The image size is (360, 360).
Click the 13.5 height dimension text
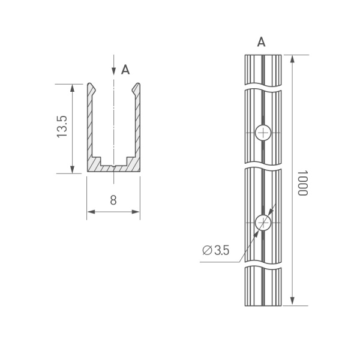click(62, 127)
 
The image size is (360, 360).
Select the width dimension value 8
click(113, 200)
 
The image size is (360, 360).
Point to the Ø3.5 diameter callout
click(216, 250)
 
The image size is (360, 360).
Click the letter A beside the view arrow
click(125, 70)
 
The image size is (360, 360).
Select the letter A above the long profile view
click(262, 42)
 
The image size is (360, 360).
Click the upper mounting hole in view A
click(263, 133)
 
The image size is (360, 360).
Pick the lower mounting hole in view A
click(263, 223)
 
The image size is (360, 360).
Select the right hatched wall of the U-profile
click(137, 126)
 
